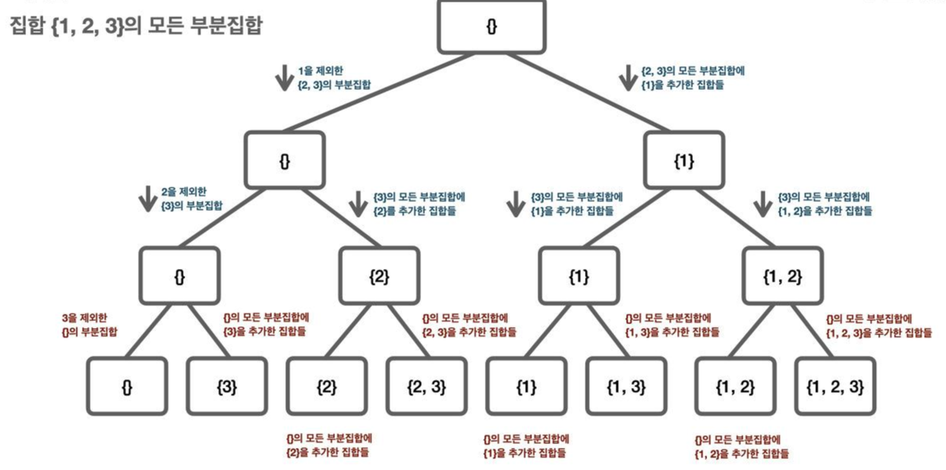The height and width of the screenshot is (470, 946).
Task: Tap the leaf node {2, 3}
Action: [x=426, y=386]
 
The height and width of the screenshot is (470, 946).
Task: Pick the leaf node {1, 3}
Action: [x=627, y=386]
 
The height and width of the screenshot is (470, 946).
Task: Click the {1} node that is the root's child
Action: [x=683, y=162]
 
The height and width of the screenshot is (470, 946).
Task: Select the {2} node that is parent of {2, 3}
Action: [x=379, y=276]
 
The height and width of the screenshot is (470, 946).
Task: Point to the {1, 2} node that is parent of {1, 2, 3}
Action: [x=783, y=276]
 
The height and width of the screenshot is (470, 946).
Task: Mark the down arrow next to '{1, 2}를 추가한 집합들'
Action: [x=762, y=203]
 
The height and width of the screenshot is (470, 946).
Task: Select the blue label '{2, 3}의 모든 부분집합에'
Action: [x=693, y=71]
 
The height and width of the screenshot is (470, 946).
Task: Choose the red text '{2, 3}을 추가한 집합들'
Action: [x=469, y=333]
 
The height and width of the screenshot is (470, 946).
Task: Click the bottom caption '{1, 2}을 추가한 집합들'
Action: [x=741, y=453]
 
